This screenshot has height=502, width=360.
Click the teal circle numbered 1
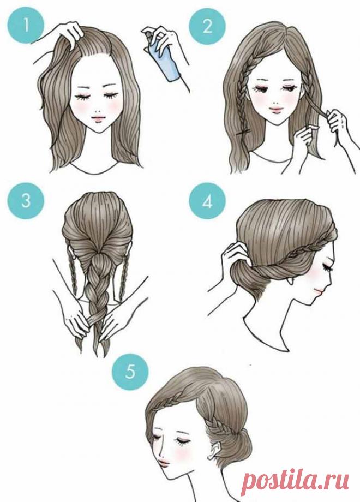point(25,25)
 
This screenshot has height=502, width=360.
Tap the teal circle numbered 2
point(207,26)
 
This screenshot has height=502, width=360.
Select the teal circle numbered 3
point(25,201)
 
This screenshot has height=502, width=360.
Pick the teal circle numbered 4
point(207,202)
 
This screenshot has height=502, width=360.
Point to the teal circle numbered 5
point(130,372)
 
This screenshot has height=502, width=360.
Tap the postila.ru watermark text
point(295,481)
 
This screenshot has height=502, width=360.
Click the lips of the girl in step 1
point(98,118)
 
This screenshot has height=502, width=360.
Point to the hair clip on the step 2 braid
point(244,132)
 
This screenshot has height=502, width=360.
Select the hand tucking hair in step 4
point(235,253)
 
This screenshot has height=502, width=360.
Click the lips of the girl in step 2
point(275,110)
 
